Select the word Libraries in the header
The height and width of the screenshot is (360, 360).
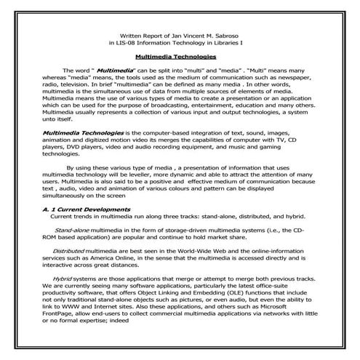232,43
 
